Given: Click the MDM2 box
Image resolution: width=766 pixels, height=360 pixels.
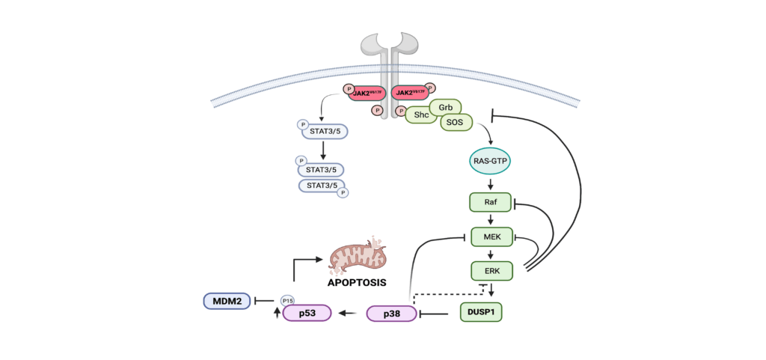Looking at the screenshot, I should click(x=227, y=301).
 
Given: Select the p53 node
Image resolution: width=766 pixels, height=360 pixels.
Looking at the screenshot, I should click(x=307, y=314).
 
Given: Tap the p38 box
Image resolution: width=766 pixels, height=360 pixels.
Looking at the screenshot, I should click(x=390, y=314).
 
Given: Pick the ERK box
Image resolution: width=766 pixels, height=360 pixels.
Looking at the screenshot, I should click(x=491, y=269).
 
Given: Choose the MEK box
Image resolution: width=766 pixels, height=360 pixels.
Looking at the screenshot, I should click(x=491, y=237).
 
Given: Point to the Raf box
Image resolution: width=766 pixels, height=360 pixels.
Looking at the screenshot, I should click(x=490, y=202).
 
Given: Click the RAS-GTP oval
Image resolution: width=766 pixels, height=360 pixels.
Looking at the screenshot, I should click(x=491, y=161).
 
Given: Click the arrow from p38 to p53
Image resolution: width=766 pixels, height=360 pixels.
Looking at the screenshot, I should click(x=348, y=314).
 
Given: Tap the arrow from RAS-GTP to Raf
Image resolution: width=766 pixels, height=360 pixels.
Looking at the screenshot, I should click(x=491, y=184).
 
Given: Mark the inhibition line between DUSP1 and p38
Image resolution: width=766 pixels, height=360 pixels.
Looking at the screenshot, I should click(x=439, y=314).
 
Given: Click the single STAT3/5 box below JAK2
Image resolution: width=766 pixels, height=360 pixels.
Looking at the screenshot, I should click(x=325, y=132).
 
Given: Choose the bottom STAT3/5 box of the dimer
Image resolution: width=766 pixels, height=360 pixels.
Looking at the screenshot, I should click(x=322, y=184).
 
